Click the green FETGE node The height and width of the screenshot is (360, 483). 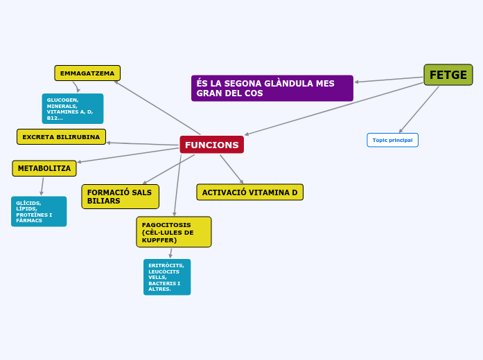[x=448, y=75]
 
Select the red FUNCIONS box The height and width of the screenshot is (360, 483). [x=212, y=145]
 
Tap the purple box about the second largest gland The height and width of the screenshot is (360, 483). [x=272, y=89]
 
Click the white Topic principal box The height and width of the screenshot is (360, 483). [x=393, y=140]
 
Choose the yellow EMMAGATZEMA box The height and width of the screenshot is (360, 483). [x=87, y=73]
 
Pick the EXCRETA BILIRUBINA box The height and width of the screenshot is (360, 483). [x=61, y=137]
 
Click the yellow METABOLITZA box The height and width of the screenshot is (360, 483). [x=44, y=168]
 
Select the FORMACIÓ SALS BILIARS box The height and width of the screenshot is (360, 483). [x=121, y=197]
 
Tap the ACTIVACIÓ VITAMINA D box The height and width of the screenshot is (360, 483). [x=250, y=192]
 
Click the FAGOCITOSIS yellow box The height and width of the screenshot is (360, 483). [x=174, y=232]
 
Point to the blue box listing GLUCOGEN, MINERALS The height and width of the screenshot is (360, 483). [x=73, y=109]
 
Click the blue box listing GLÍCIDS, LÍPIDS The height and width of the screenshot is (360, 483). [x=39, y=211]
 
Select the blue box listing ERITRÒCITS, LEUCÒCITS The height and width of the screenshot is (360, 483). [x=167, y=277]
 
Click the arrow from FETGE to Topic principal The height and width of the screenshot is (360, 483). [x=419, y=109]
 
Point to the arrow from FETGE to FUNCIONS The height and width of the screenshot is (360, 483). [x=334, y=109]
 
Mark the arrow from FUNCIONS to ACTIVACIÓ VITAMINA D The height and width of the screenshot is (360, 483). [x=231, y=169]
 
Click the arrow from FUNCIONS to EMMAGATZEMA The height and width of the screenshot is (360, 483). [x=157, y=108]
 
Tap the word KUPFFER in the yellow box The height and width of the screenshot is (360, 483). [x=159, y=240]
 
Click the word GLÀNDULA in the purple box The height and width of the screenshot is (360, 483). [x=294, y=83]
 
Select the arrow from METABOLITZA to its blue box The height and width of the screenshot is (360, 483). [x=42, y=186]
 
